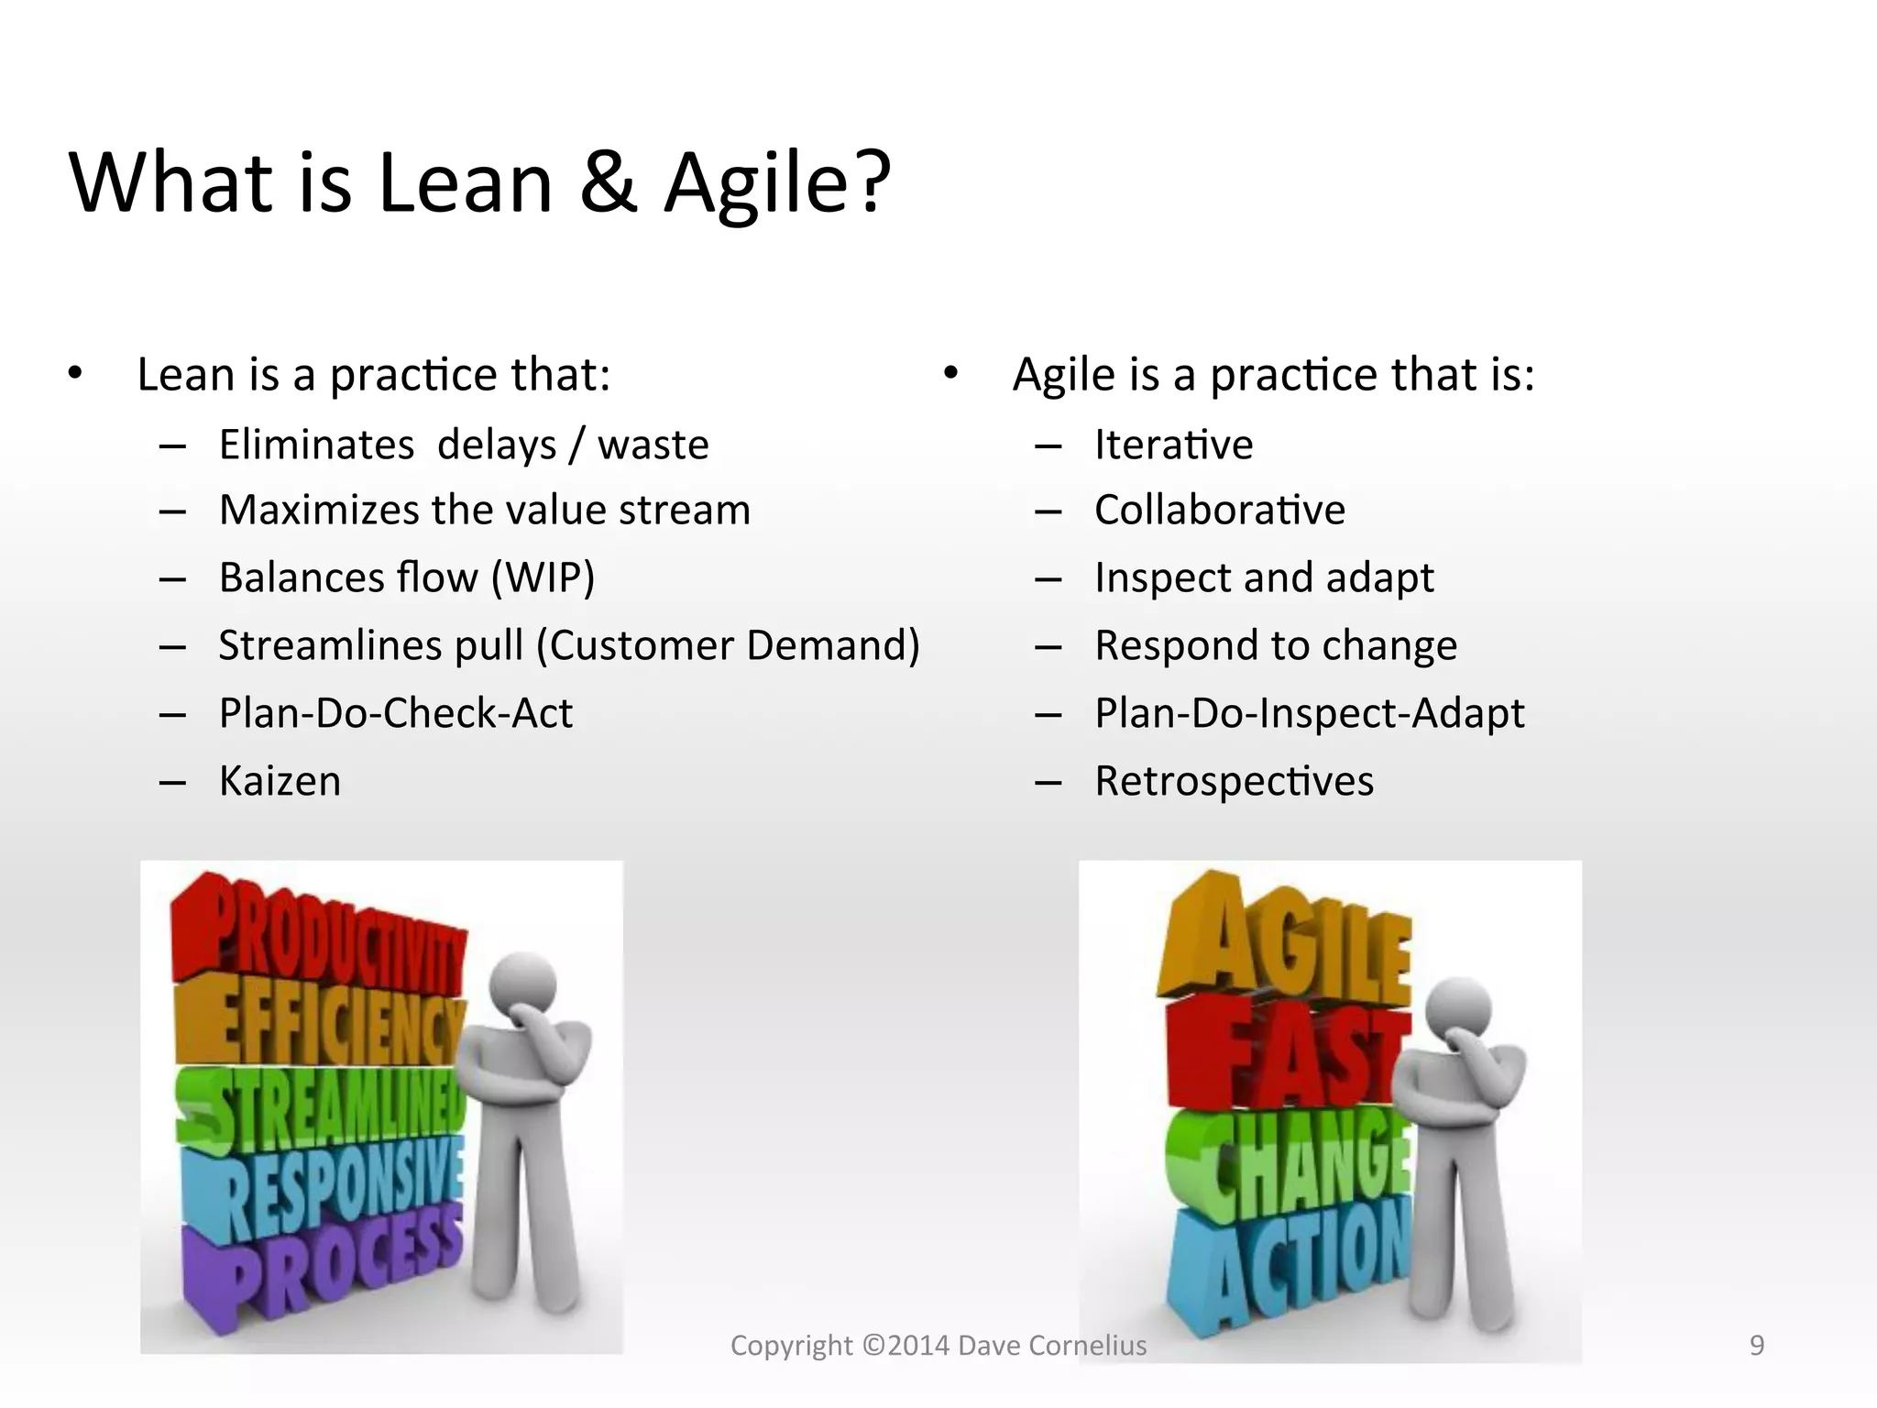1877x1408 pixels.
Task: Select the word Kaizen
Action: tap(280, 782)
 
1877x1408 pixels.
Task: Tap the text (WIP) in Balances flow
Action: tap(543, 578)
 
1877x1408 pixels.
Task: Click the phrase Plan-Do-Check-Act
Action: tap(395, 714)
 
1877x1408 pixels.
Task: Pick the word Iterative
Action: tap(1173, 445)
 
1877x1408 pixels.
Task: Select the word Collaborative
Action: tap(1219, 511)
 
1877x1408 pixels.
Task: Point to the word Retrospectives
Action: tap(1234, 782)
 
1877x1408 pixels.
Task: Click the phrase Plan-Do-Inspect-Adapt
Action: tap(1309, 714)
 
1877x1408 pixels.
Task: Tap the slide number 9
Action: tap(1756, 1345)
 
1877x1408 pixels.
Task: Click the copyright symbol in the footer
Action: tap(873, 1346)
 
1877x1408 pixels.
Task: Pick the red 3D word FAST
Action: tap(1283, 1054)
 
